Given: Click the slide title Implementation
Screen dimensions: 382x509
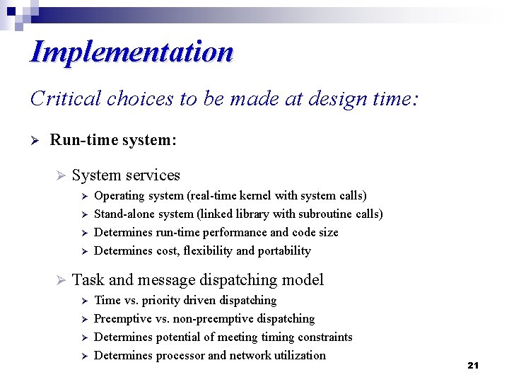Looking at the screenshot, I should (131, 52).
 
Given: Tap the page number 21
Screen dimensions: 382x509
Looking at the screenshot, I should (474, 365).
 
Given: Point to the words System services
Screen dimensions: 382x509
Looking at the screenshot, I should (126, 175).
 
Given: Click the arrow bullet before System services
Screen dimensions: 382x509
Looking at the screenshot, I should (61, 175).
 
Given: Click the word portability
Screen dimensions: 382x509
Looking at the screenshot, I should (283, 250).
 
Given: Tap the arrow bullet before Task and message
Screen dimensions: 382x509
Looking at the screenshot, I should (61, 280).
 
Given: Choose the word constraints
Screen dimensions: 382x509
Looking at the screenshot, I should (324, 337).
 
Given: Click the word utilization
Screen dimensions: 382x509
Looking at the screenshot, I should (296, 355).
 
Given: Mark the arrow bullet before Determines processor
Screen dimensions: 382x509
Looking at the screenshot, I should (83, 356).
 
